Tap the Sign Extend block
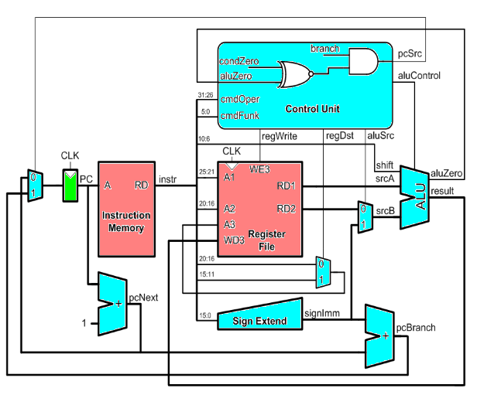pos(260,318)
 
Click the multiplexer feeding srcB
pos(362,216)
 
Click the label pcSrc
pos(410,54)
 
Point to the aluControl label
pos(419,76)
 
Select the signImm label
pos(318,313)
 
